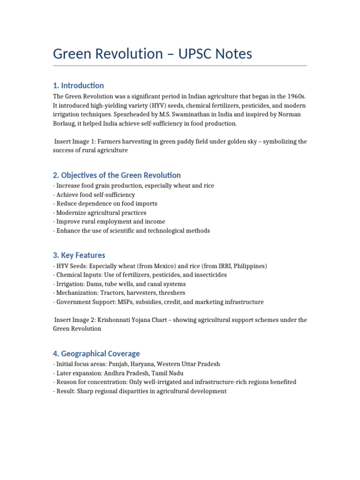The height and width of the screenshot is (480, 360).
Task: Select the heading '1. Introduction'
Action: pos(78,85)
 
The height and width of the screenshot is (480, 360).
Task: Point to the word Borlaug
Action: pos(66,123)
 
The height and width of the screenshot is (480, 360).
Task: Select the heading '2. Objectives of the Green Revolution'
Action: pos(117,175)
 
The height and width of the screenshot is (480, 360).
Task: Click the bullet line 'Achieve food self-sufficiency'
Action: pos(95,195)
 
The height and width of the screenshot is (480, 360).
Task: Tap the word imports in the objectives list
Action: pos(146,203)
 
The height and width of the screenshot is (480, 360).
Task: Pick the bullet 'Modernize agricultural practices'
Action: pos(101,212)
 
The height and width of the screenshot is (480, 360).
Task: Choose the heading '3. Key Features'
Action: pos(79,255)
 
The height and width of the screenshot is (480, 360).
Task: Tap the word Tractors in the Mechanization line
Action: pos(110,293)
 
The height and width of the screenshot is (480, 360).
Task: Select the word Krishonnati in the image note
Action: pos(114,320)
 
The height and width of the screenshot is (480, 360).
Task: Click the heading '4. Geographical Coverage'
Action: pos(96,353)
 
